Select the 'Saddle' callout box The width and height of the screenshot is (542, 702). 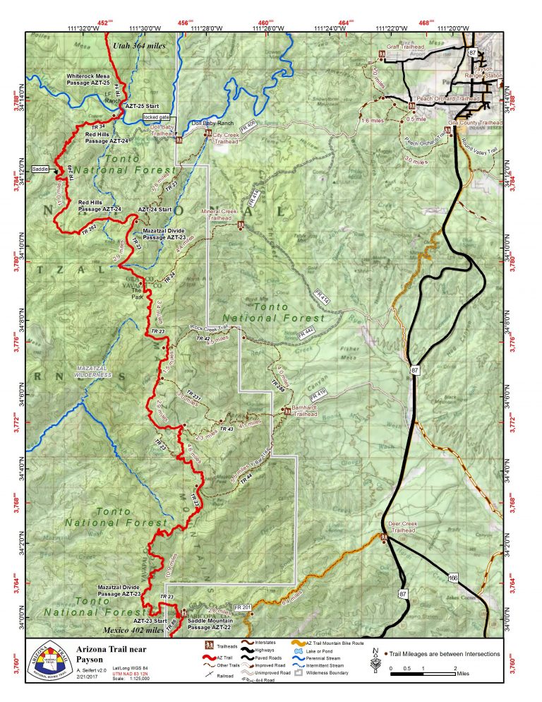41,169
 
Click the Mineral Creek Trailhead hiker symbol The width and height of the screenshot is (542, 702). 241,225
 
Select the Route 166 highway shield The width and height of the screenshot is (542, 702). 452,579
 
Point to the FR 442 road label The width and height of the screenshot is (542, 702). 305,331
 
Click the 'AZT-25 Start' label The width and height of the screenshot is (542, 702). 140,105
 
